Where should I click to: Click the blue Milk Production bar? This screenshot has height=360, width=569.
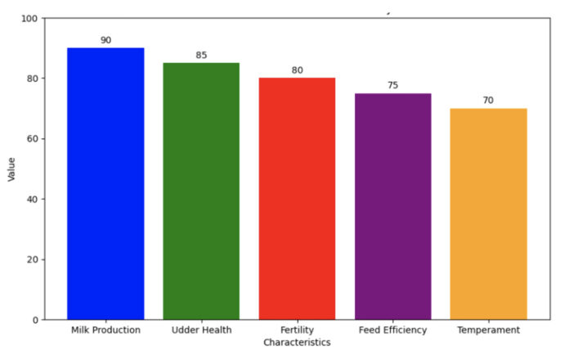[105, 183]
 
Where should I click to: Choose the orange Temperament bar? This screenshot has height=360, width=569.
[488, 214]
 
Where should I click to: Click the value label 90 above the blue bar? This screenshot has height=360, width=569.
[105, 40]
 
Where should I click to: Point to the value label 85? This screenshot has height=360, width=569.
[201, 56]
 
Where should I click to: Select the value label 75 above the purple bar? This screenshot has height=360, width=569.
[392, 85]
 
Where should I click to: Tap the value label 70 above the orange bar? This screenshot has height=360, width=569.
[488, 101]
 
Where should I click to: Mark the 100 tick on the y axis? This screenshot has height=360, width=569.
[29, 18]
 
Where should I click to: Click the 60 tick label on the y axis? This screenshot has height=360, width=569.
[31, 139]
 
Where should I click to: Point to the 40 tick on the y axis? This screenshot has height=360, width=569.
[31, 200]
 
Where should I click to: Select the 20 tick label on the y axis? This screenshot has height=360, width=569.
[31, 260]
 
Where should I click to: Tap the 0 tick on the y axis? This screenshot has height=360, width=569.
[34, 320]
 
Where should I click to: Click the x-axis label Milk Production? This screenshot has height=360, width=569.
[105, 331]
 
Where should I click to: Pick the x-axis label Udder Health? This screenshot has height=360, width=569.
[201, 331]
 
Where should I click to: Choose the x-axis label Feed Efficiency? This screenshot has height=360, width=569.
[392, 331]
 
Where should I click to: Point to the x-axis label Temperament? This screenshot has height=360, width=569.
[488, 331]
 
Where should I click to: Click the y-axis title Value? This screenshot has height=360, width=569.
[11, 169]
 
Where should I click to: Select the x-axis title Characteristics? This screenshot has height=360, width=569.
[297, 342]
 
